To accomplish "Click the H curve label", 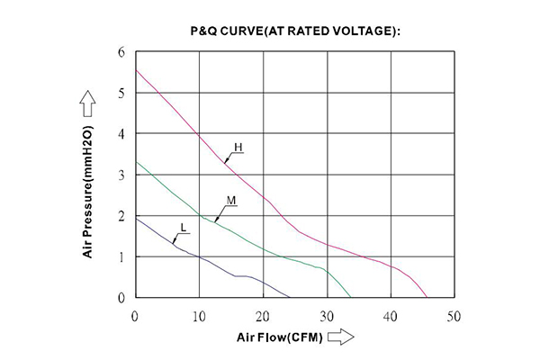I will pyautogui.click(x=238, y=147).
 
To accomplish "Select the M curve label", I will pyautogui.click(x=230, y=200).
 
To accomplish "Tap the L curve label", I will pyautogui.click(x=184, y=228).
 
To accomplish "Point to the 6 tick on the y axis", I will pyautogui.click(x=121, y=52).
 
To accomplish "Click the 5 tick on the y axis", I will pyautogui.click(x=121, y=93).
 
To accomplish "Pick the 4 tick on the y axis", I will pyautogui.click(x=121, y=134).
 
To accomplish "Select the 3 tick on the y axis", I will pyautogui.click(x=121, y=175).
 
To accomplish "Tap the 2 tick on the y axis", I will pyautogui.click(x=121, y=216).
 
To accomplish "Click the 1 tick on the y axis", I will pyautogui.click(x=121, y=256).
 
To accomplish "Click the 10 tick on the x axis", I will pyautogui.click(x=198, y=316).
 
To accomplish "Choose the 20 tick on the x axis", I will pyautogui.click(x=262, y=316).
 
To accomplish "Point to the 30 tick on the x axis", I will pyautogui.click(x=326, y=316).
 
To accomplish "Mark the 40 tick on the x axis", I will pyautogui.click(x=390, y=316).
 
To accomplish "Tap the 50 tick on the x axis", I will pyautogui.click(x=454, y=316).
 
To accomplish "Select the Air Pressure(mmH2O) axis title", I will pyautogui.click(x=88, y=192).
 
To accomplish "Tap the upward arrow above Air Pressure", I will pyautogui.click(x=87, y=102).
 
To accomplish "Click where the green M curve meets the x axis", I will pyautogui.click(x=351, y=297).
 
